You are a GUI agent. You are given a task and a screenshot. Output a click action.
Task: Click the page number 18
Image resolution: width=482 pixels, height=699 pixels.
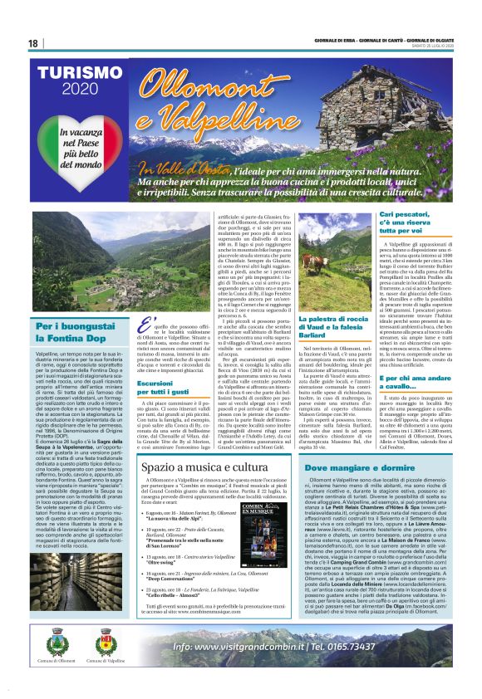coord(33,43)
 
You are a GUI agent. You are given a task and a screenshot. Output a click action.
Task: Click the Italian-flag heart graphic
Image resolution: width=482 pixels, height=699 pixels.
coord(81,149)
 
